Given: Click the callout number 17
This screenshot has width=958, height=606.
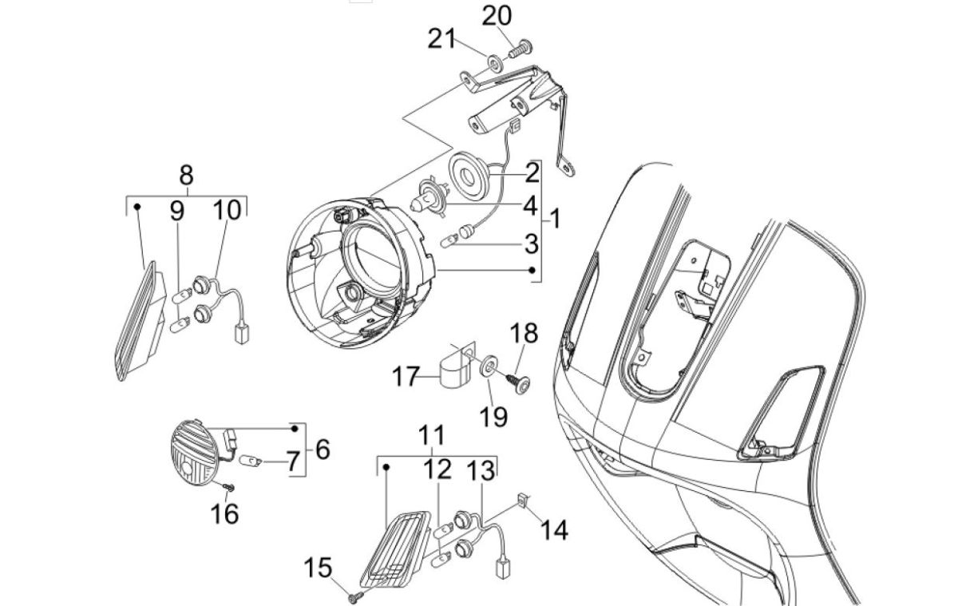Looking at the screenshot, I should (404, 375).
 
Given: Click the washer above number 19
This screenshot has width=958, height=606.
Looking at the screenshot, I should (485, 368).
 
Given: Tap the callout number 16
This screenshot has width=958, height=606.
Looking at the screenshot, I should (226, 513).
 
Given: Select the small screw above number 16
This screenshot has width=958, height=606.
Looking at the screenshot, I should (229, 485).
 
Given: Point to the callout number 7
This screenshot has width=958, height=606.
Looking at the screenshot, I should (292, 461).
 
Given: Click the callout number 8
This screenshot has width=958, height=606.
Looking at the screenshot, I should (186, 174).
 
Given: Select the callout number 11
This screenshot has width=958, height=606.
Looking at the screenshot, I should (432, 436).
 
